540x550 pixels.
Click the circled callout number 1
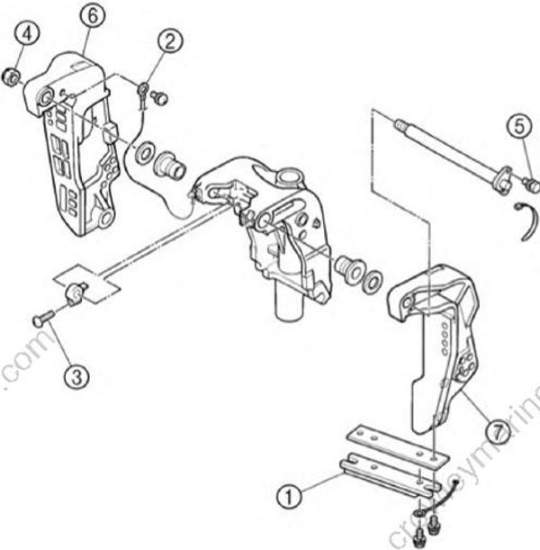click(x=289, y=493)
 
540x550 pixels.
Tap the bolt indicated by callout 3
click(x=41, y=318)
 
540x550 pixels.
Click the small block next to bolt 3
click(x=76, y=292)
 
